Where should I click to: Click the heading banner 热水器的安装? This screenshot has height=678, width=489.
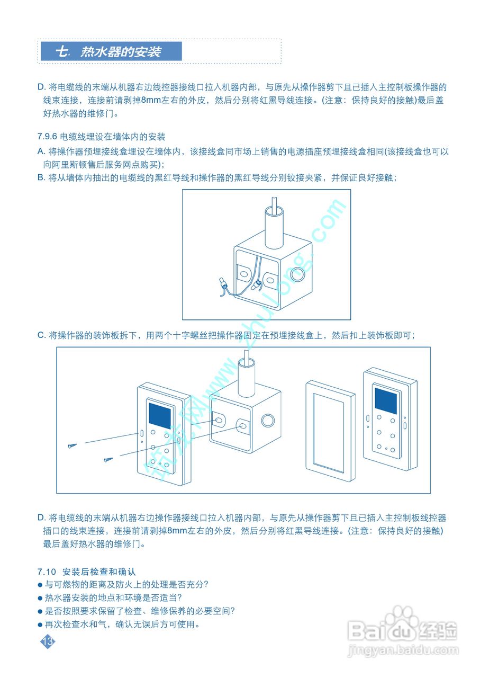pyautogui.click(x=112, y=51)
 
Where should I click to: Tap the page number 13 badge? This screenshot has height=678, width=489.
pyautogui.click(x=48, y=641)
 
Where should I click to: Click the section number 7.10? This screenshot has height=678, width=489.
pyautogui.click(x=47, y=572)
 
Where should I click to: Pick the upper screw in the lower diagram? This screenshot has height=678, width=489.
pyautogui.click(x=72, y=445)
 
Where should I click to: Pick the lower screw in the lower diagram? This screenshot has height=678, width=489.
pyautogui.click(x=108, y=460)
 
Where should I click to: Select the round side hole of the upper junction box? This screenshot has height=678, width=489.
pyautogui.click(x=297, y=275)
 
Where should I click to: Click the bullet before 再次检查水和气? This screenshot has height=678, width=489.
pyautogui.click(x=40, y=625)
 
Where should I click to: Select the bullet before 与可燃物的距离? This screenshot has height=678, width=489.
pyautogui.click(x=40, y=585)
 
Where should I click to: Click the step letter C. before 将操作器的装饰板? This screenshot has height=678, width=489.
pyautogui.click(x=42, y=335)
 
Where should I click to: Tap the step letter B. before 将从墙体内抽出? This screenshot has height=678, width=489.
pyautogui.click(x=42, y=177)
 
